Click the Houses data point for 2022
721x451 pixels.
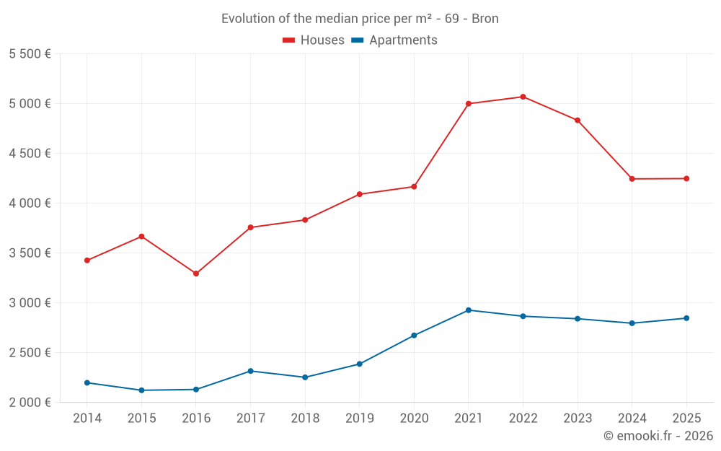(x=523, y=97)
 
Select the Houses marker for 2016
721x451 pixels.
(x=196, y=273)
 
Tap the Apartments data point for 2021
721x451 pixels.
(x=469, y=310)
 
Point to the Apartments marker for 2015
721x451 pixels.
(x=141, y=390)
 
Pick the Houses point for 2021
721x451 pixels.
(x=469, y=104)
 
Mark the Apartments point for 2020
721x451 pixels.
(x=414, y=336)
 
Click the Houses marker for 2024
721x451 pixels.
(x=632, y=179)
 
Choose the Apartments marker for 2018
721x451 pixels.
(x=305, y=377)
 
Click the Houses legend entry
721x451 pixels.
(x=314, y=40)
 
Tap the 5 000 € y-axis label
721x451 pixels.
(x=30, y=103)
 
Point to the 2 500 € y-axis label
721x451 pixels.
(x=30, y=352)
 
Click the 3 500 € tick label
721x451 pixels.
(x=30, y=253)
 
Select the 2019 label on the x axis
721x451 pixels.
(x=359, y=418)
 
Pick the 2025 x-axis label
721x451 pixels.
(x=686, y=418)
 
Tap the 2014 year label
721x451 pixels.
(x=87, y=418)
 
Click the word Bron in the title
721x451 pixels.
(x=485, y=19)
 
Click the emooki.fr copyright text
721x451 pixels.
(x=658, y=436)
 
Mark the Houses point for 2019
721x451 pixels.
(x=359, y=194)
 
